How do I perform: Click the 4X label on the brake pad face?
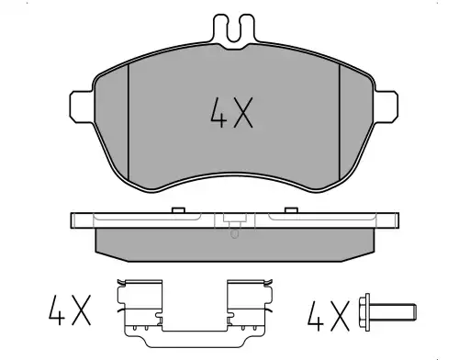pyautogui.click(x=231, y=113)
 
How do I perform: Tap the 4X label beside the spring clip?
pyautogui.click(x=70, y=310)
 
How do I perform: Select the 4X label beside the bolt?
pyautogui.click(x=329, y=316)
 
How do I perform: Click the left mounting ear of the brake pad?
pyautogui.click(x=82, y=107)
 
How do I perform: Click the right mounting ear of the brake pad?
pyautogui.click(x=386, y=107)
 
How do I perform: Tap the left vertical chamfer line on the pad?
pyautogui.click(x=129, y=121)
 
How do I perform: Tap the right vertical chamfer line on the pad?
pyautogui.click(x=340, y=121)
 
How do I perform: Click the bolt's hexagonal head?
pyautogui.click(x=364, y=312)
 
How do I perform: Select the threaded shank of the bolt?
pyautogui.click(x=393, y=311)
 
